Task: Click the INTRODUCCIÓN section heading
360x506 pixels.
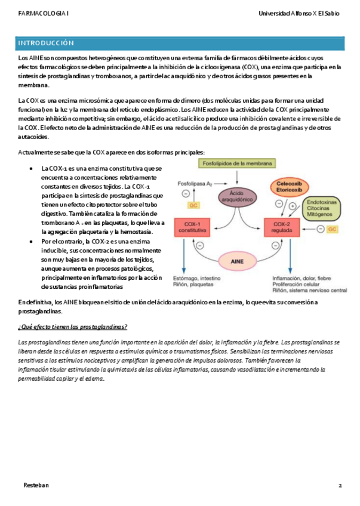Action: click(47, 44)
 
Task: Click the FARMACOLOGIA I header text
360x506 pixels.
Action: click(43, 13)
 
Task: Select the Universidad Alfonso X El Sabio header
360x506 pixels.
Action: click(299, 13)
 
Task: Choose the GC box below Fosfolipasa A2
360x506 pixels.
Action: click(193, 205)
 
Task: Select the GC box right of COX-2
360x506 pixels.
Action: click(332, 229)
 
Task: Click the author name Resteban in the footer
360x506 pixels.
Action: click(36, 485)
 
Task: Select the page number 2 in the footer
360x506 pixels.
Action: click(340, 485)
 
